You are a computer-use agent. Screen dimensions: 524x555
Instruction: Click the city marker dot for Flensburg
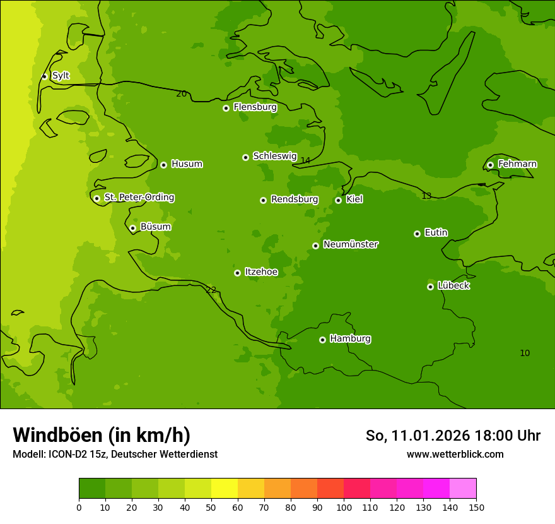226,108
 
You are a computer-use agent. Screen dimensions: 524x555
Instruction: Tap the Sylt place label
61,76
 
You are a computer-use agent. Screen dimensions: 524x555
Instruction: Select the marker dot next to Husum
163,165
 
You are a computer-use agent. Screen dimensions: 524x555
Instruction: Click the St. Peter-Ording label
139,198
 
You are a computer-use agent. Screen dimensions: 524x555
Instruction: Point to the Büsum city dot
132,228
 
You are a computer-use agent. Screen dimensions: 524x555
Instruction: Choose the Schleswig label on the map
274,156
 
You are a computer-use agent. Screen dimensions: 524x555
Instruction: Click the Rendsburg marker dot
263,200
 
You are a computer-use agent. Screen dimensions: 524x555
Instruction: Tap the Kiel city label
354,199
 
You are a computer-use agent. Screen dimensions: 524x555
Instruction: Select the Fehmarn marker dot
490,165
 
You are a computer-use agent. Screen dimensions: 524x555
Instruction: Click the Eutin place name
436,233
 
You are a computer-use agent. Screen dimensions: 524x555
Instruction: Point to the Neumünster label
351,244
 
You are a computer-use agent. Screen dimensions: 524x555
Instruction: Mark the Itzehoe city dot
237,273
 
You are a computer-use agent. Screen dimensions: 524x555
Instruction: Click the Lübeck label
453,285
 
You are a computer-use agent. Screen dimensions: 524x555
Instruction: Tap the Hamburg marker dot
322,340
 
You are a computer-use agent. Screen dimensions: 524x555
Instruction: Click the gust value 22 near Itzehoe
211,290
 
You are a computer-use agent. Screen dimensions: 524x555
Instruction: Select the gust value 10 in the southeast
525,353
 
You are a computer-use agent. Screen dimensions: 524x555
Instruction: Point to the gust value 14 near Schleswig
305,161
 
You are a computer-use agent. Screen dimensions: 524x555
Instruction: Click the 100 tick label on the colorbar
344,507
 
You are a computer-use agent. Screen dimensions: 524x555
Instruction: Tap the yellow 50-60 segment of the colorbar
225,489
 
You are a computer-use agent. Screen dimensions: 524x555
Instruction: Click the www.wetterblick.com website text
455,455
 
